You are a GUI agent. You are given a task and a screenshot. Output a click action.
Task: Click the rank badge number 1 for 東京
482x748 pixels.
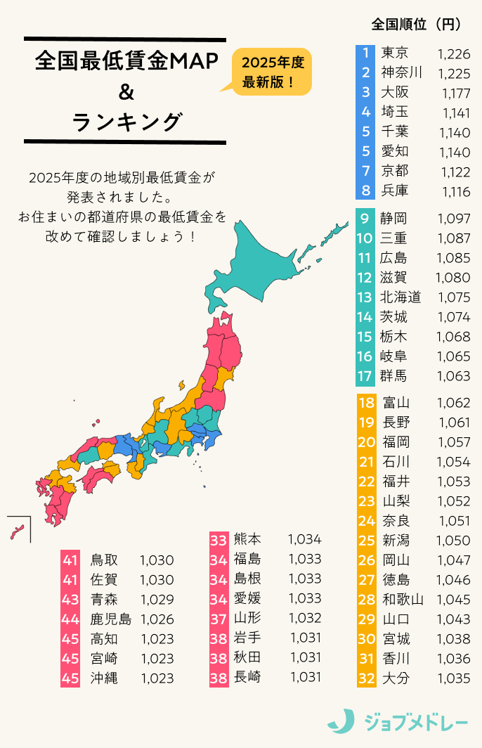coord(365,53)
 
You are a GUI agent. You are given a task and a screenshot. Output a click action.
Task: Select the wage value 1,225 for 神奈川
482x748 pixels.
coord(453,72)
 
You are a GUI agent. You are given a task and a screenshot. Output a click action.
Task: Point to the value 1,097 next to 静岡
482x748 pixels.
coord(453,219)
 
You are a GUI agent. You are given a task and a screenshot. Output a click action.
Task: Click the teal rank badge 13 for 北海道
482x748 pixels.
coord(365,297)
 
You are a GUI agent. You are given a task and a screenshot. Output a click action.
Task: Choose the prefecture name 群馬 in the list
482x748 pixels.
coord(394,376)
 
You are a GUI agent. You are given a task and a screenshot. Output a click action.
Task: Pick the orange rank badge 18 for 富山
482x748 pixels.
coord(366,403)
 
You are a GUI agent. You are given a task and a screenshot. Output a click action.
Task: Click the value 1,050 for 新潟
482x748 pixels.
coord(453,541)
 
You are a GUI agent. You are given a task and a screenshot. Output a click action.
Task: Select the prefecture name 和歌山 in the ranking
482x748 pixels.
coord(403,600)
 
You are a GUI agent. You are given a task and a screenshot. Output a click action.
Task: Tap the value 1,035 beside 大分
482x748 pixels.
coord(453,678)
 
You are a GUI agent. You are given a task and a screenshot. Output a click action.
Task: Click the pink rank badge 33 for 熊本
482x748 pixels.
coord(219,539)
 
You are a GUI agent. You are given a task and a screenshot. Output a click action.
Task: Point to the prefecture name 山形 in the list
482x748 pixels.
coord(247,618)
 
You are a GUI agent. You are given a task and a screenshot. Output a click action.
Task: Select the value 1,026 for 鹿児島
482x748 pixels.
coord(157,619)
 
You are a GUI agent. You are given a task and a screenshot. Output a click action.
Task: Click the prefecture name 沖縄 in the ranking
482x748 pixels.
coord(104,678)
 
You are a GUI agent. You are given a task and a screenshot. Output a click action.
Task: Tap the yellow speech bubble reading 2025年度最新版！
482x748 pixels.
coord(272,72)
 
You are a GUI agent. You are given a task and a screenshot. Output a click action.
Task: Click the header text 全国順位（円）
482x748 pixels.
coord(416,24)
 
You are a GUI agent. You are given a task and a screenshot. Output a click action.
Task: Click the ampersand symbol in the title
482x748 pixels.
coord(126,92)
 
